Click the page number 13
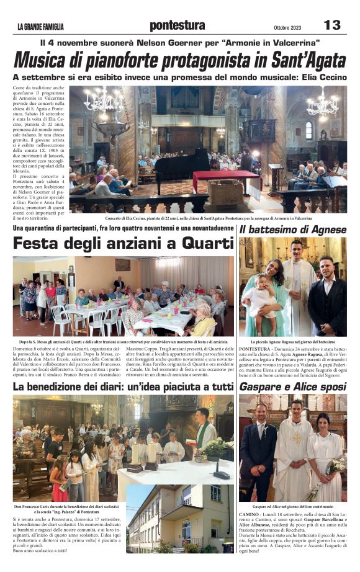tap(332, 24)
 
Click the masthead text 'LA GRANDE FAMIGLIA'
tap(40, 26)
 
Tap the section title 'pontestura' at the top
tap(177, 25)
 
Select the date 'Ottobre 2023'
tap(287, 27)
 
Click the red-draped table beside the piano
tap(227, 180)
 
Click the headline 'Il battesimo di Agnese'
tap(292, 230)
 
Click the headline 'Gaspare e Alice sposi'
tap(292, 387)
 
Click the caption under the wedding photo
tap(292, 506)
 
